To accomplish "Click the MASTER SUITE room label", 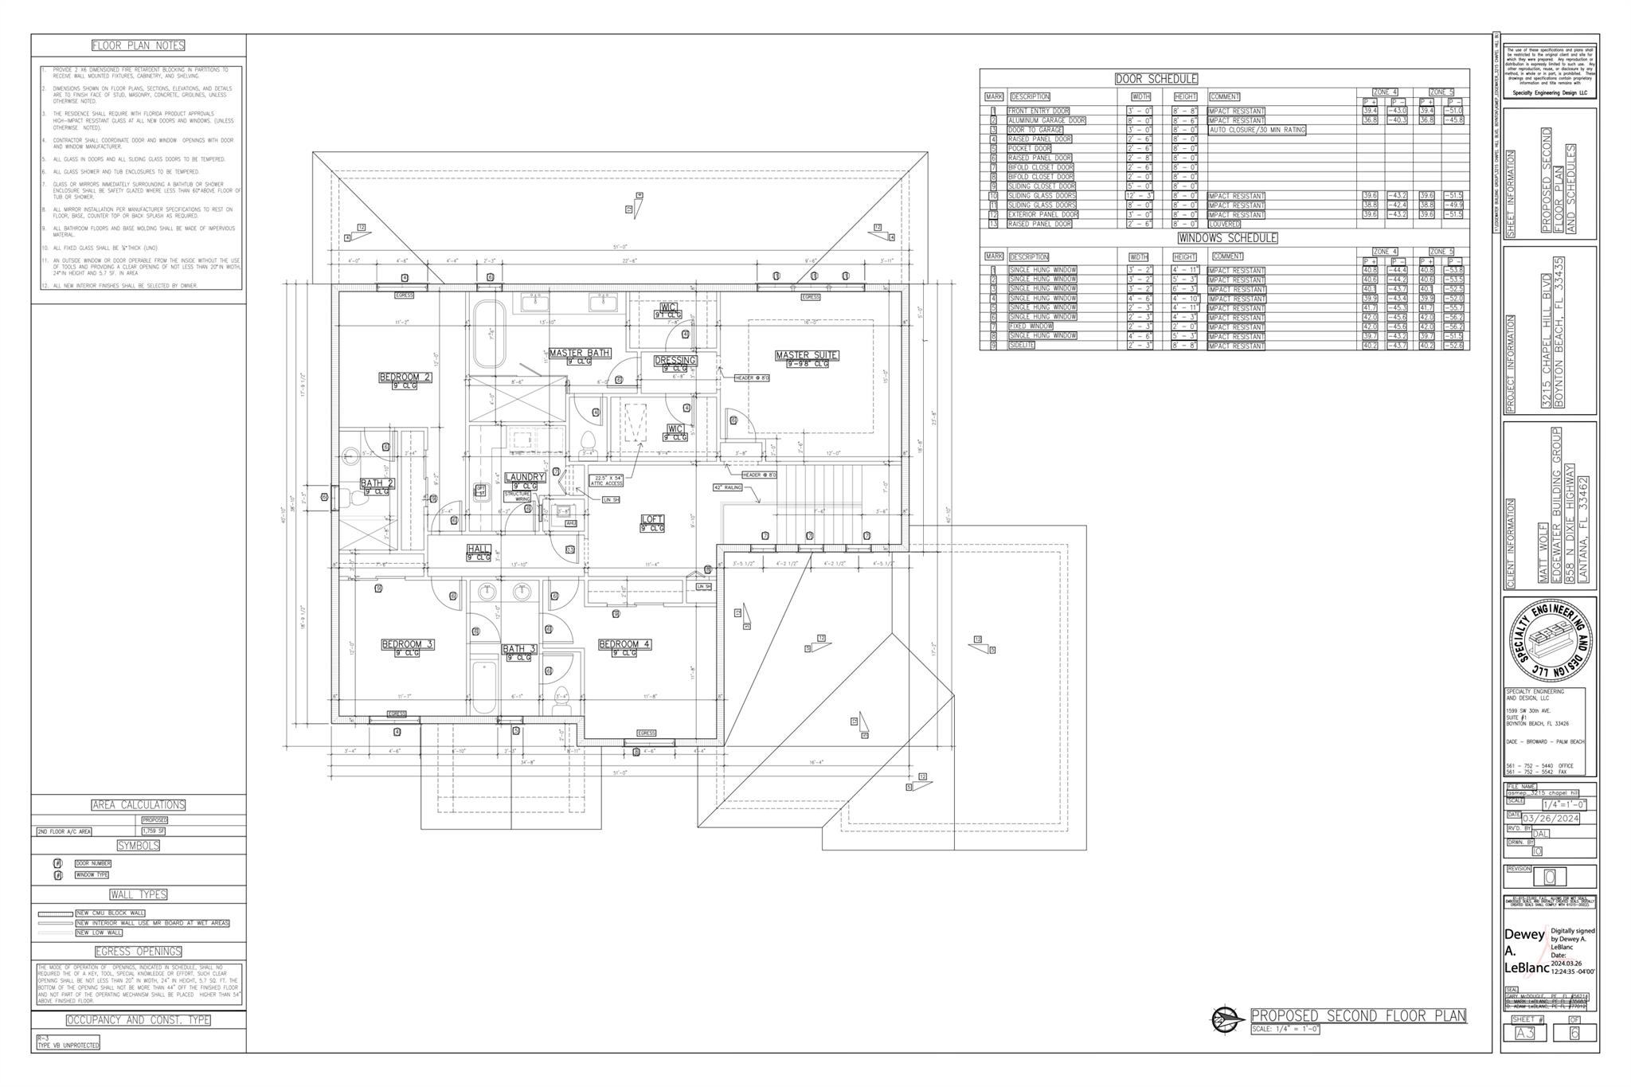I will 807,355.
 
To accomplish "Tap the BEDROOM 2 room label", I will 405,377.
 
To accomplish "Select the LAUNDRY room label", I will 524,477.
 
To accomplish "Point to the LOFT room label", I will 652,519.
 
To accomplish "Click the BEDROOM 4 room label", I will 624,644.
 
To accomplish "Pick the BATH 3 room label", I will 519,649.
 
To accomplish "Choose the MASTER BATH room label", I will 579,353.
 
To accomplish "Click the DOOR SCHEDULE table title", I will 1156,79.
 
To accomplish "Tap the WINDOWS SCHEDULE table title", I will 1227,238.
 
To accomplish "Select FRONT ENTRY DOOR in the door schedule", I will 1038,111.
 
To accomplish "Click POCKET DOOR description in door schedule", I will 1029,148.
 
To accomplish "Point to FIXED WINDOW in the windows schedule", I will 1031,326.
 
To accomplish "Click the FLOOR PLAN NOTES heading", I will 139,45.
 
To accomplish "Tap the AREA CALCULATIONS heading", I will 139,805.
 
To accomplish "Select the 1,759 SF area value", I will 153,831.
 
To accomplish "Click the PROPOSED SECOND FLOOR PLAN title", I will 1358,1015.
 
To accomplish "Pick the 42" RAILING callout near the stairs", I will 728,487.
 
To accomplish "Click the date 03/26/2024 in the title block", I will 1550,819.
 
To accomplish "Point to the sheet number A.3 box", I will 1524,1033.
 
